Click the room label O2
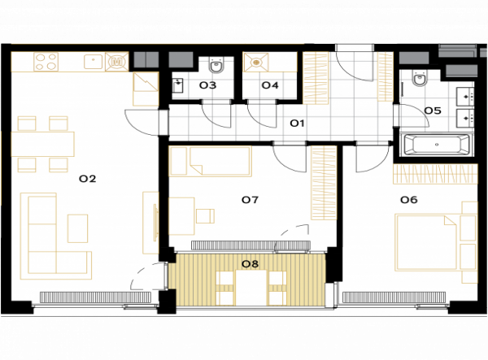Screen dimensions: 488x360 tap(88, 179)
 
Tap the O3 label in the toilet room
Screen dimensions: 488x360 tap(207, 85)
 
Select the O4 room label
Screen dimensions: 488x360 tap(270, 85)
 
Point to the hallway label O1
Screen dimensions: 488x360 tap(297, 124)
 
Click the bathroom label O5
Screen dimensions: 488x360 tap(433, 111)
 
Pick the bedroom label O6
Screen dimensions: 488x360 tap(409, 200)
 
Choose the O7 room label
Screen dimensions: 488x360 tap(250, 200)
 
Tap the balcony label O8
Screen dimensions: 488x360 tap(250, 264)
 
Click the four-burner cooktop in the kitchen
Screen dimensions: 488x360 tap(46, 62)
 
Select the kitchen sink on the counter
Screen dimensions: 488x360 tap(93, 62)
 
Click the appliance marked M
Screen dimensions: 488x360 tap(116, 62)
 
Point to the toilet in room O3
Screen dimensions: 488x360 tap(216, 65)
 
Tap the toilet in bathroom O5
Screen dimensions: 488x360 tap(419, 78)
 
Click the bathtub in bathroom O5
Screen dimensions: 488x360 tap(437, 145)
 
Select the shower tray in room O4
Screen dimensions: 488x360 tap(255, 63)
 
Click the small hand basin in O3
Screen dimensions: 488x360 tap(178, 85)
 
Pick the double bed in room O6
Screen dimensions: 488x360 tap(426, 242)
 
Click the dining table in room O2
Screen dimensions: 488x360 tap(42, 144)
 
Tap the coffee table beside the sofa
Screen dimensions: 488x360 tap(78, 228)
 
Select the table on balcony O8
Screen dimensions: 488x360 tap(251, 288)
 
